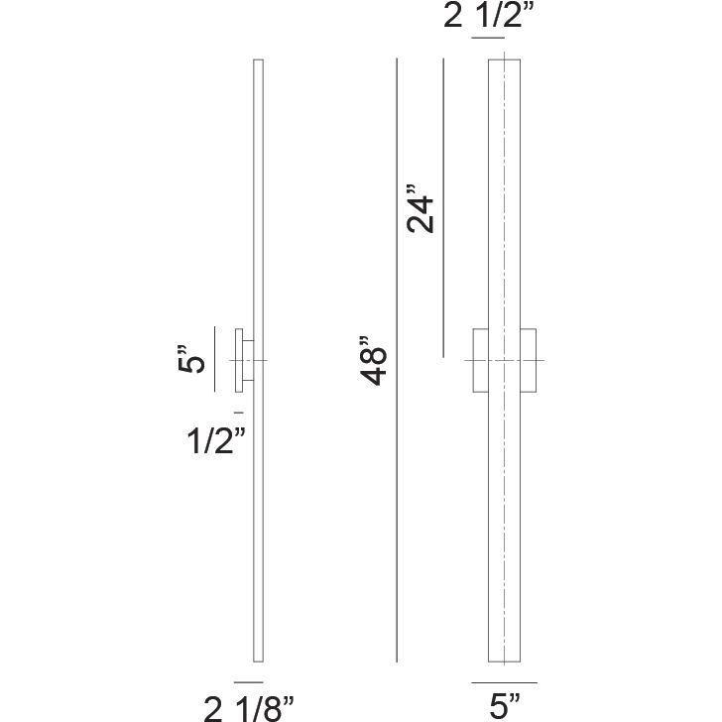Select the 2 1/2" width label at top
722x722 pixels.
490,18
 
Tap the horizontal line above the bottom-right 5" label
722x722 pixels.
504,682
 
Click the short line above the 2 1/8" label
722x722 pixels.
248,682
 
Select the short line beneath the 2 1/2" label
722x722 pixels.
489,38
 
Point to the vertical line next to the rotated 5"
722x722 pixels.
215,359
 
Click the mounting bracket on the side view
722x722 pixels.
241,359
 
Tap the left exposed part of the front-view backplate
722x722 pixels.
480,359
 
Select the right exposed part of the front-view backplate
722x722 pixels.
528,359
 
